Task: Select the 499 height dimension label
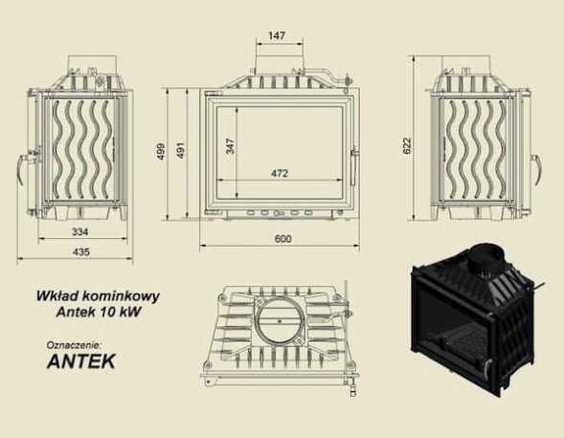[x=163, y=151]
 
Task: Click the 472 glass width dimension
[x=280, y=173]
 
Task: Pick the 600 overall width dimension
[x=283, y=238]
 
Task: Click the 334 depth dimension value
[x=80, y=232]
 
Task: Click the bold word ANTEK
[x=82, y=362]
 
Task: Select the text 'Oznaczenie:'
[x=73, y=342]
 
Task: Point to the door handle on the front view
[x=355, y=158]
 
